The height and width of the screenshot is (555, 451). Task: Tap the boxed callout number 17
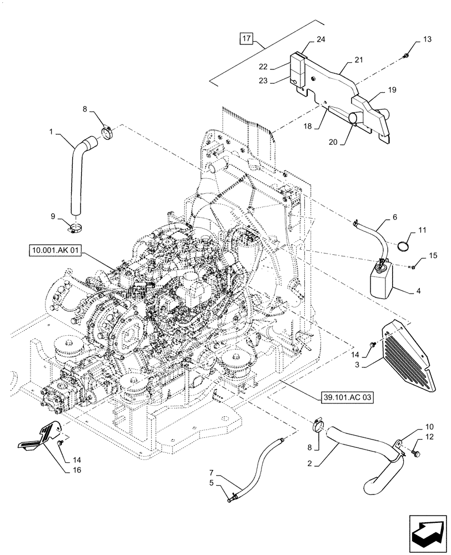pos(246,39)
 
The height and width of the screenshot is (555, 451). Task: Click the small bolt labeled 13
pos(407,56)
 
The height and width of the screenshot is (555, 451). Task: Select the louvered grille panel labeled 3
pos(409,358)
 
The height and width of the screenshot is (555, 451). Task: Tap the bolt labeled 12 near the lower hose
pos(417,455)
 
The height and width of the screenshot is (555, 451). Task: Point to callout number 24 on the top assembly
pos(320,39)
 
